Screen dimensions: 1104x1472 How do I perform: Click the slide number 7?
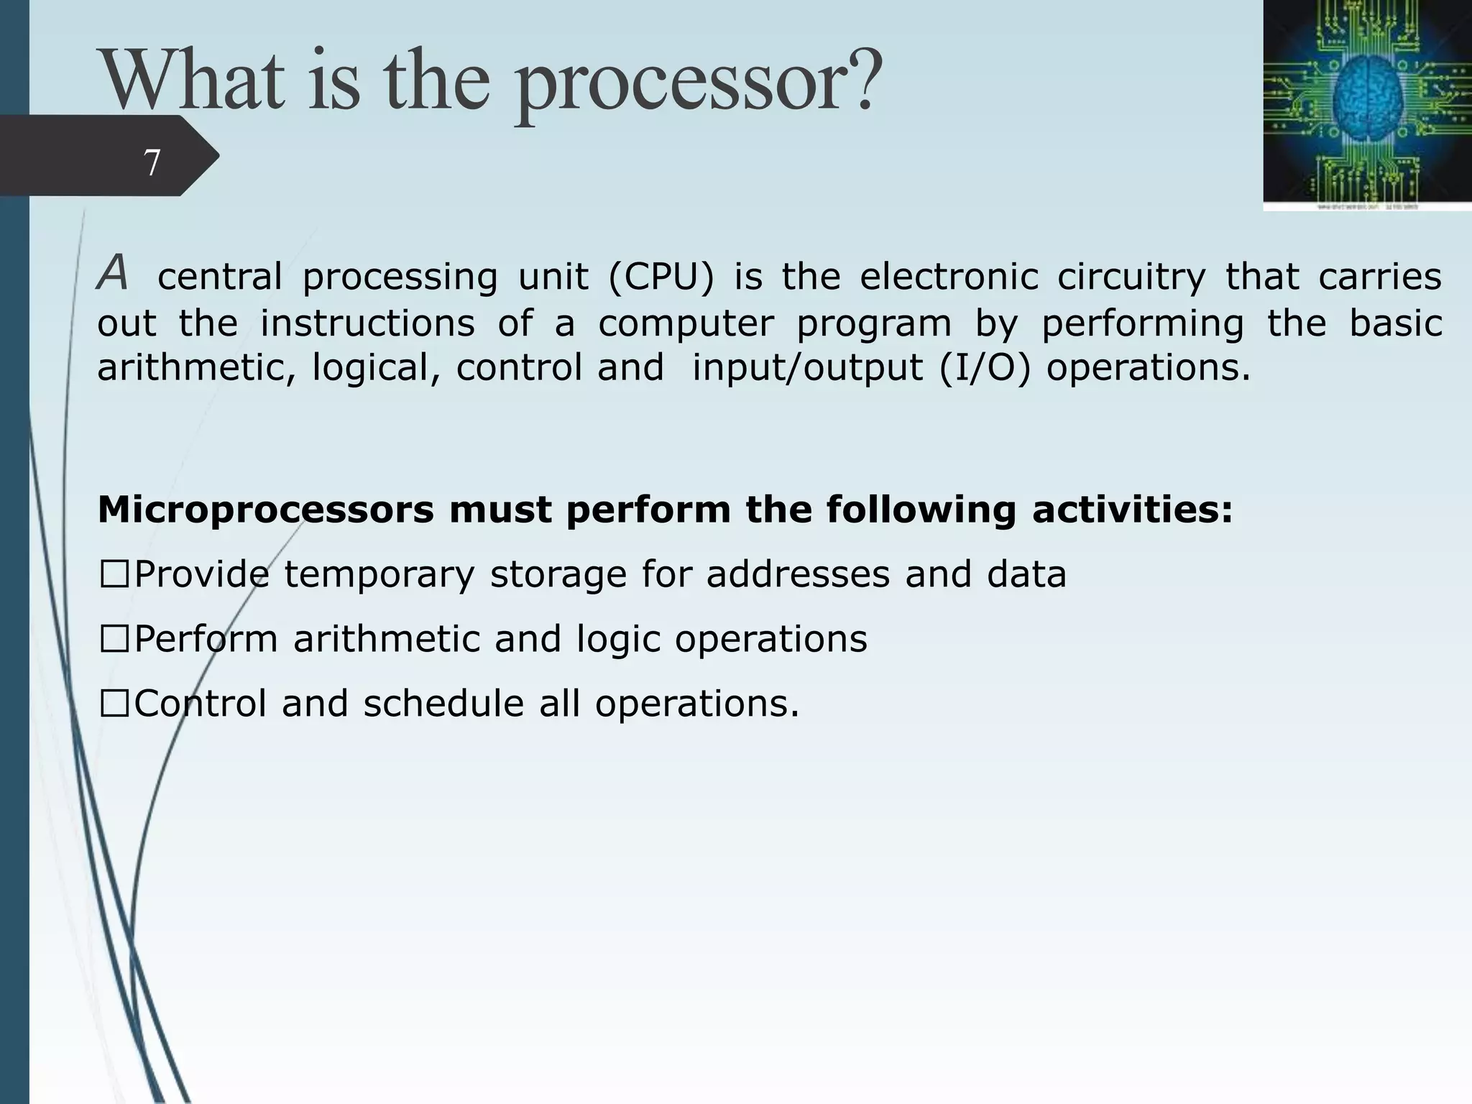pos(152,162)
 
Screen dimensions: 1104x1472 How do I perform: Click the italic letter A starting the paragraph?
pos(113,274)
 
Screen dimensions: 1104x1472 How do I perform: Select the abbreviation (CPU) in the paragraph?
pos(661,277)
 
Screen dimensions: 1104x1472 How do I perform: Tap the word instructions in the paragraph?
pos(367,323)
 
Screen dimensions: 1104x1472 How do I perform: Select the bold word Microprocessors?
pos(266,510)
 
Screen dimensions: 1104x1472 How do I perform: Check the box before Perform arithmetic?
pos(115,640)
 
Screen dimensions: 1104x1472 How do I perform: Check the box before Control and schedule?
pos(115,704)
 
